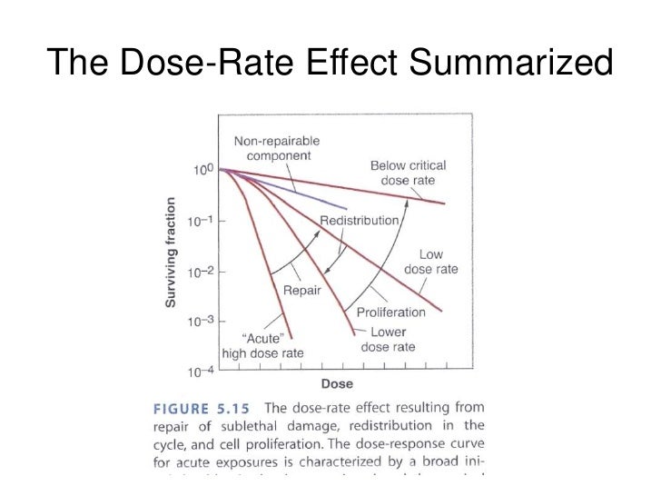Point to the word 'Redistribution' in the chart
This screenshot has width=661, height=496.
359,221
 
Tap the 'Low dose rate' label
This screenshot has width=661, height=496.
430,262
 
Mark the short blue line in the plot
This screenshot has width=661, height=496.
300,192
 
